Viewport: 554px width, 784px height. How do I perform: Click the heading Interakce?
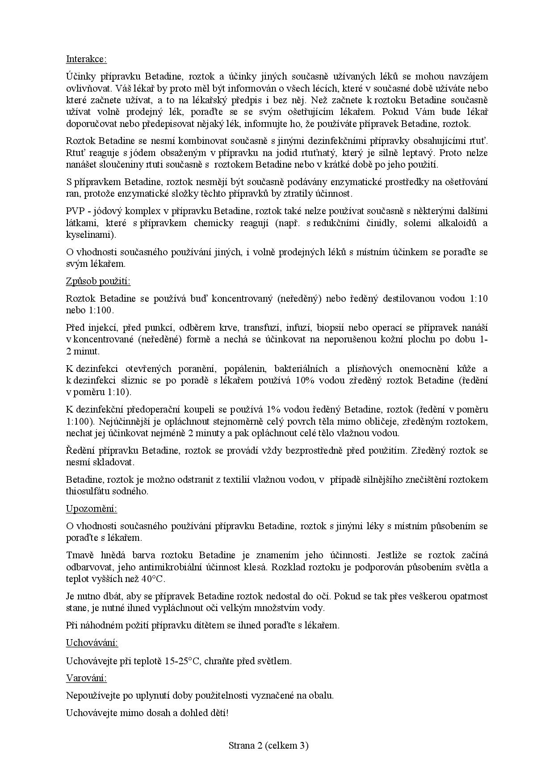(86, 59)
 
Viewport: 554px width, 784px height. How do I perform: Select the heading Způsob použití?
(98, 281)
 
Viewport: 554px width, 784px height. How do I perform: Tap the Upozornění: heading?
(92, 509)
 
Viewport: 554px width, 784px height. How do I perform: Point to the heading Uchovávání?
(92, 643)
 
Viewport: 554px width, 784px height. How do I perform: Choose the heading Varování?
(87, 678)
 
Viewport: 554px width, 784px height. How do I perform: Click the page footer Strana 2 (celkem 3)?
(269, 745)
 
